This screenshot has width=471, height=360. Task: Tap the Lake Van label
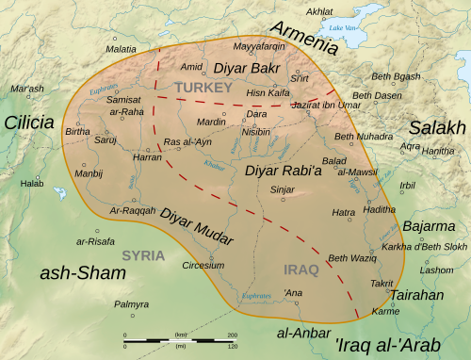coord(338,28)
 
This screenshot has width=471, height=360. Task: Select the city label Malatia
coord(121,48)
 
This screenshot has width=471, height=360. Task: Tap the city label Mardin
coord(211,122)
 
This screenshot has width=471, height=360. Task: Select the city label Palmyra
coord(132,304)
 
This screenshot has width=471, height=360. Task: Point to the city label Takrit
coord(382,283)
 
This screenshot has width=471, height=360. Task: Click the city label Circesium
coord(203,266)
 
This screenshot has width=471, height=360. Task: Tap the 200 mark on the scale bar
coord(234,335)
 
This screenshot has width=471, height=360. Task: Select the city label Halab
coord(32,184)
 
